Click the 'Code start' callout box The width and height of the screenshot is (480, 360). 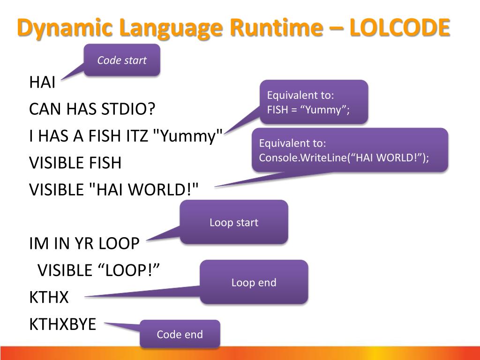(122, 60)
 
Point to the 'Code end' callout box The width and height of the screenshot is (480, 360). (180, 334)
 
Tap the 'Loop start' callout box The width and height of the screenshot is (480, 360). (234, 222)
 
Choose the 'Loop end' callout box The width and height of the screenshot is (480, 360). (254, 282)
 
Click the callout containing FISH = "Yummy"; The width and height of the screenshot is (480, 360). (314, 102)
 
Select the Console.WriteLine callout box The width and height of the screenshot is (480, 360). (350, 150)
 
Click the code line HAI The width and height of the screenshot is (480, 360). (42, 83)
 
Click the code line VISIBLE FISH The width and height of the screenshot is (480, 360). (75, 163)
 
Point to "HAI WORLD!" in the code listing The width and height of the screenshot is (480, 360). (143, 190)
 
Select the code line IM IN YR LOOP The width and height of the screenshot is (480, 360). (84, 244)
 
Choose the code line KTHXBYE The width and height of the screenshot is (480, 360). (62, 324)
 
